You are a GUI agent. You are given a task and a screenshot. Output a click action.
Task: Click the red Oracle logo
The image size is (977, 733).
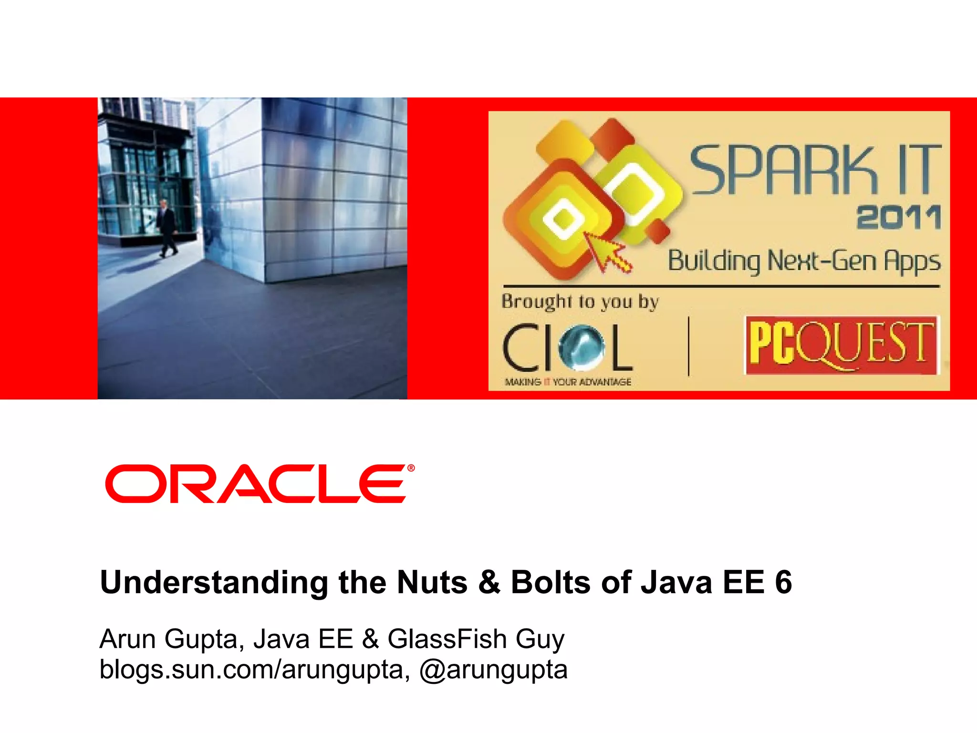pyautogui.click(x=257, y=483)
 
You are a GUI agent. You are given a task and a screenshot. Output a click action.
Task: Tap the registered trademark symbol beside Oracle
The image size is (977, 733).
pyautogui.click(x=411, y=468)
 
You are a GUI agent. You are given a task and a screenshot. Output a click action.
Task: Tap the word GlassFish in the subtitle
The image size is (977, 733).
pyautogui.click(x=447, y=639)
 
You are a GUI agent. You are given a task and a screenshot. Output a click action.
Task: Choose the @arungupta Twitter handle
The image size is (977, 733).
pyautogui.click(x=493, y=670)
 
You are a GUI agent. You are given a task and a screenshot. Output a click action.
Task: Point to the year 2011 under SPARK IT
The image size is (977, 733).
pyautogui.click(x=899, y=218)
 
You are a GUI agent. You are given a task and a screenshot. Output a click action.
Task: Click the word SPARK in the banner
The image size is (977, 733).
pyautogui.click(x=783, y=170)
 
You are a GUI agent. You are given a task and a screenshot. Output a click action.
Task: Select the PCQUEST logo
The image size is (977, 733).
pyautogui.click(x=842, y=345)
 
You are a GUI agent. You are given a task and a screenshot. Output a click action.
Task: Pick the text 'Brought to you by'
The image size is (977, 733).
pyautogui.click(x=580, y=302)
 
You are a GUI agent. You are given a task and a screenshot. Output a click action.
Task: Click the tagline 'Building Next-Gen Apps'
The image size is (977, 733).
pyautogui.click(x=804, y=261)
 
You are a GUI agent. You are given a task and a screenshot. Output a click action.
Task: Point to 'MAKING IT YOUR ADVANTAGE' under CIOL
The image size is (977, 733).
pyautogui.click(x=568, y=382)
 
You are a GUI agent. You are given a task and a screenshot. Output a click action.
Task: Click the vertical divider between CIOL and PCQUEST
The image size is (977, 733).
pyautogui.click(x=689, y=346)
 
